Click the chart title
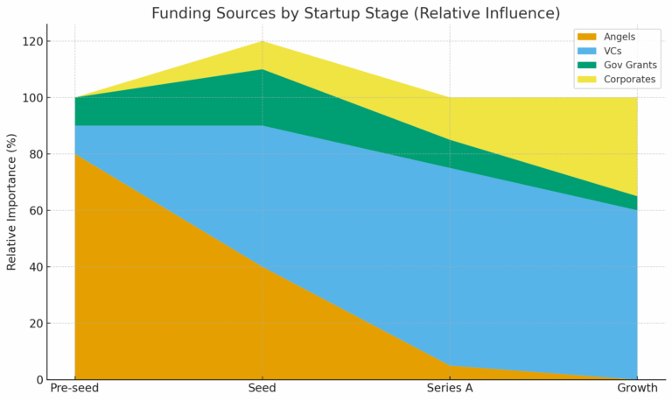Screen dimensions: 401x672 355,13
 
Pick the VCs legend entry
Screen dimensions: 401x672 613,51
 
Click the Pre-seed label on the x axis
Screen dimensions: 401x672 74,388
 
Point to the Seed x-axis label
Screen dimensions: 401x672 262,388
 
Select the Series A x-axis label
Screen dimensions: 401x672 450,388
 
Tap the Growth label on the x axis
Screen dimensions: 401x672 637,388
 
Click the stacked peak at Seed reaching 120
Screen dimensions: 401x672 262,42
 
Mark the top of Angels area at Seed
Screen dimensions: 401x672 262,267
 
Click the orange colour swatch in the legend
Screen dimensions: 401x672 585,37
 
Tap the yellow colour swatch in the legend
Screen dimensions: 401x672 585,81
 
